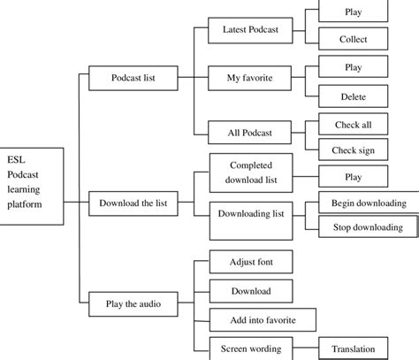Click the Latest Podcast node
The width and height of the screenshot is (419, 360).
coord(250,30)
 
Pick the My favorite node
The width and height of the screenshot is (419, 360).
coord(250,77)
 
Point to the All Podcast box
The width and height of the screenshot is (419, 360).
coord(250,133)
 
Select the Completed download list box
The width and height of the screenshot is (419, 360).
coord(250,171)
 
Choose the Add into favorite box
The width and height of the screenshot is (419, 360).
coord(250,318)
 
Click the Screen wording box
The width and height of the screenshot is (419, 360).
coord(250,348)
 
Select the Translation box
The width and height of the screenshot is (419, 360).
coord(353,349)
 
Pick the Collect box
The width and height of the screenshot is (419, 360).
coord(353,40)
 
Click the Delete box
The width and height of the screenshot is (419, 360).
coord(353,96)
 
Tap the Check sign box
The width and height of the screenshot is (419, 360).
coord(353,149)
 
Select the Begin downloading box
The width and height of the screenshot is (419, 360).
coord(362,203)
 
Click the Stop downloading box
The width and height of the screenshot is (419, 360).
coord(362,227)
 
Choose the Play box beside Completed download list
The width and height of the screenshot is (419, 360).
coord(353,177)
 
